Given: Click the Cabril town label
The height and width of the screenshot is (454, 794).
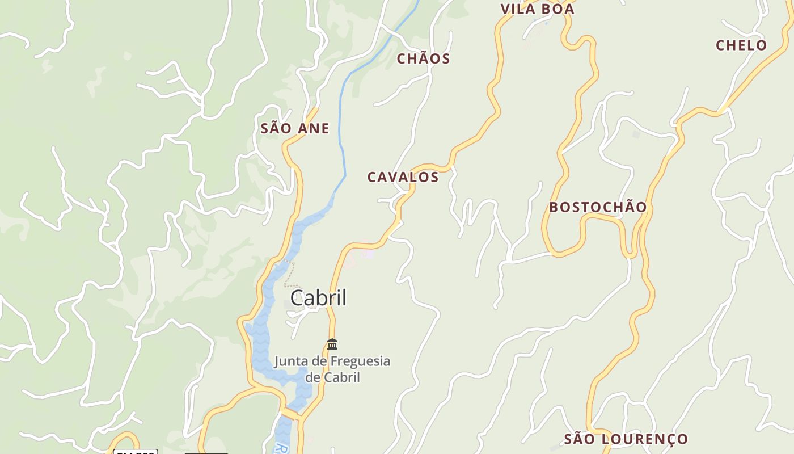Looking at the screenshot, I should pos(318,298).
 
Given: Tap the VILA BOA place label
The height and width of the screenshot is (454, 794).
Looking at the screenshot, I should pos(537,9).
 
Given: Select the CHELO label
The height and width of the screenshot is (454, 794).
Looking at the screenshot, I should pos(741,45).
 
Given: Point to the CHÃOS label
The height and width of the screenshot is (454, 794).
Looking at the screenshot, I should pos(423,58).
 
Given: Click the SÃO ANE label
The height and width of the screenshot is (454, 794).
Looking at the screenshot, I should pos(295,129).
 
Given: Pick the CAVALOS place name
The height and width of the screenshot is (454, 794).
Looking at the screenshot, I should pos(403,177).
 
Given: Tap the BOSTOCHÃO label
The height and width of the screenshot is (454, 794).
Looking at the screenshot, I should pos(598,207).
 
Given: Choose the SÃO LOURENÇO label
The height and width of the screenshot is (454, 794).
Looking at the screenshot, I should pos(626,439).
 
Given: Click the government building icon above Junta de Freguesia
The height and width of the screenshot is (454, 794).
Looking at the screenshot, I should pos(332,344).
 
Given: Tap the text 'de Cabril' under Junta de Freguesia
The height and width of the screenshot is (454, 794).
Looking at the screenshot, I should pos(332,377).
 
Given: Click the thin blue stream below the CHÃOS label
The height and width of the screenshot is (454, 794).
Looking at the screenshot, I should pos(342,131).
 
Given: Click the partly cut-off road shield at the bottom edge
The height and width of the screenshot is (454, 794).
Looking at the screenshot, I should pos(136,451).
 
